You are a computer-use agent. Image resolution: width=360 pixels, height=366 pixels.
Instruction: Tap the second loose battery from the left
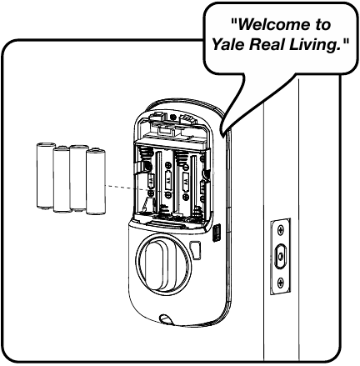click(62, 179)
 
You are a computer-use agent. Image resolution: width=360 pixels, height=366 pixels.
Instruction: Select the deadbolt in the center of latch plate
click(281, 253)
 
